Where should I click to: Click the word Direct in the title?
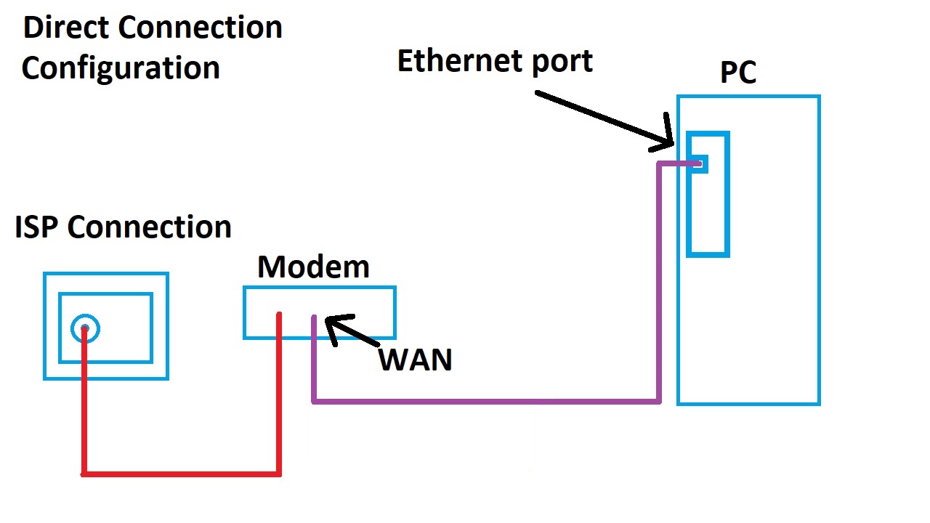point(65,28)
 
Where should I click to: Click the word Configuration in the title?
point(121,68)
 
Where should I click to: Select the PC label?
point(738,73)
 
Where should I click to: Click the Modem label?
point(313,267)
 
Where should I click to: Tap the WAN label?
point(416,360)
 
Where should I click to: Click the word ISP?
point(37,227)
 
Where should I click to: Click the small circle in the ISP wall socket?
point(85,329)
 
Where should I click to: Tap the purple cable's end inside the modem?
point(314,319)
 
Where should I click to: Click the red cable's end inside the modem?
point(279,315)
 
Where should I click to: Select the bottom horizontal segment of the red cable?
point(182,474)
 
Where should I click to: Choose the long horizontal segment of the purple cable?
point(487,400)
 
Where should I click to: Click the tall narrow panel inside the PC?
point(708,218)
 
